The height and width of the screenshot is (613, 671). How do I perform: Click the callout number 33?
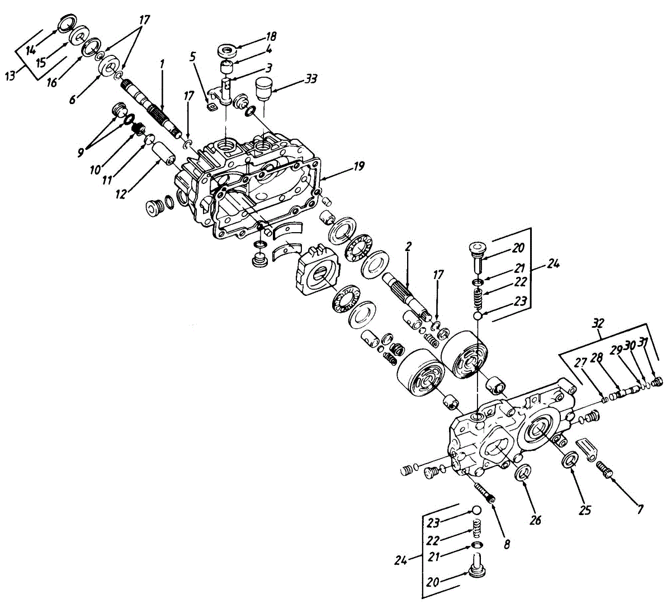tap(311, 79)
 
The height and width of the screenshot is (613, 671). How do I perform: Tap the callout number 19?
tap(358, 166)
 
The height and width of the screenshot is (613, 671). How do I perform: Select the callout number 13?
tap(11, 76)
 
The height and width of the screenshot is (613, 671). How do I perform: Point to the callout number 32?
tap(598, 323)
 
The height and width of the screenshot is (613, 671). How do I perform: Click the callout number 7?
tap(639, 510)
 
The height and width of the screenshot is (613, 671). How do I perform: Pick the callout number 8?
tap(507, 544)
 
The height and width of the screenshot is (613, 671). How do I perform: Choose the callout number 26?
tap(536, 520)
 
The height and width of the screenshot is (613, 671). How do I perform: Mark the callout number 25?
tap(585, 510)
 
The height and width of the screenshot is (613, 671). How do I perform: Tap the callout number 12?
tap(120, 194)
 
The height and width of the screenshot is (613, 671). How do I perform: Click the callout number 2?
tap(408, 247)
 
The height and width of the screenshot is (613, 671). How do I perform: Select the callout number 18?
tap(271, 36)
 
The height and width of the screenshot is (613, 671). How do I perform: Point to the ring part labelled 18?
tap(228, 50)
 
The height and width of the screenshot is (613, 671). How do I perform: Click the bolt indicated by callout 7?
tap(604, 470)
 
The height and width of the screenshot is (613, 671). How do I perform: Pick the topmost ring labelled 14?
tap(67, 23)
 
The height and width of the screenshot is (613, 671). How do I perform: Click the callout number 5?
tap(192, 56)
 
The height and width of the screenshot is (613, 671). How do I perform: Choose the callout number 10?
tap(95, 170)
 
